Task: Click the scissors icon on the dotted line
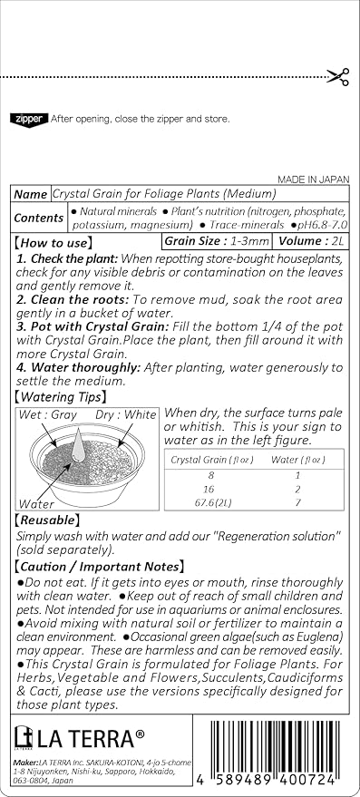pyautogui.click(x=337, y=77)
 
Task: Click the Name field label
pyautogui.click(x=31, y=194)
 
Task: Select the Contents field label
pyautogui.click(x=39, y=218)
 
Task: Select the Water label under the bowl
pyautogui.click(x=36, y=502)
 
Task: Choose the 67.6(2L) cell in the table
pyautogui.click(x=209, y=501)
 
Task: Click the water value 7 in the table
pyautogui.click(x=299, y=501)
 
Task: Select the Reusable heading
pyautogui.click(x=48, y=520)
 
